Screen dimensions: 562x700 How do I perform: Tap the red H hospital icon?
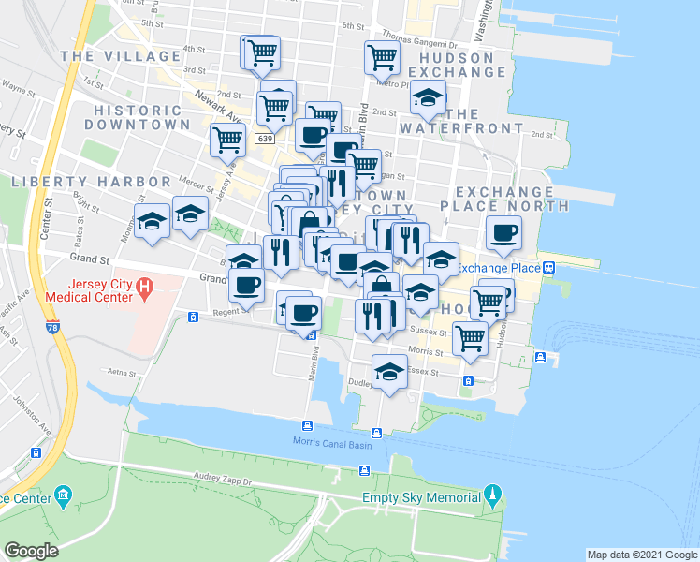click(145, 284)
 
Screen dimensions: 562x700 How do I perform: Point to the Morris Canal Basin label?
click(332, 443)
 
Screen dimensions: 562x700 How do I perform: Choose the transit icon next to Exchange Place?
click(550, 268)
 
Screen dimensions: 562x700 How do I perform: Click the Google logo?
click(31, 550)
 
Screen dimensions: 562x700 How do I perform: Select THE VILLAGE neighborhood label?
click(121, 56)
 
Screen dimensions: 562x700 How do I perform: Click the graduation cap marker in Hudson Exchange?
click(428, 98)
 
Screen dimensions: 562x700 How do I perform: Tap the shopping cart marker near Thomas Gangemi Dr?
click(382, 57)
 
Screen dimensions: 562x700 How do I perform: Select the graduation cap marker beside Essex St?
click(389, 372)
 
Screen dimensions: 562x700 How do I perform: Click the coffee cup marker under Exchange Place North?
click(503, 232)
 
